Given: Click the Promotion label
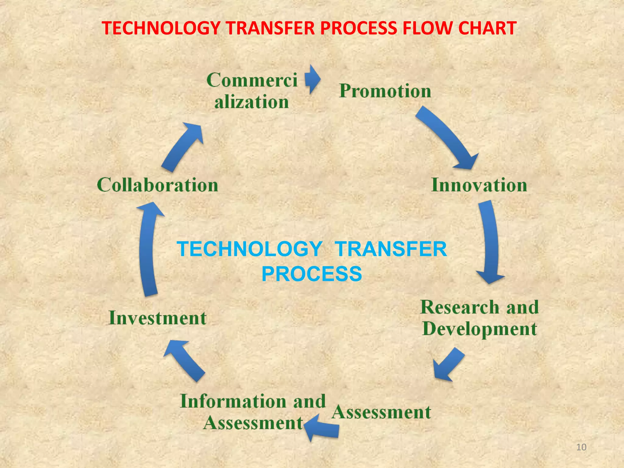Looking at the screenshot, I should (385, 91).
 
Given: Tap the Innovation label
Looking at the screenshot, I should (479, 185).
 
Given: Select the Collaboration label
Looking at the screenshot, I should (158, 185).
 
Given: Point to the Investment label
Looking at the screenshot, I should (158, 318).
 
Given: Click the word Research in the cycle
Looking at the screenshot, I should (459, 307).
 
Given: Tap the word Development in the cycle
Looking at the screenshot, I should (480, 329).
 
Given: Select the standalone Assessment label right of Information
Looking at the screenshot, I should (381, 412).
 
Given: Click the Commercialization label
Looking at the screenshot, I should (252, 91).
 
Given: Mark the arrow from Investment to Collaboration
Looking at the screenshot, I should (148, 248).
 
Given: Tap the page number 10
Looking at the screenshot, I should (581, 447).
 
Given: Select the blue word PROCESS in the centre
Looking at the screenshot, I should (312, 274).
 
